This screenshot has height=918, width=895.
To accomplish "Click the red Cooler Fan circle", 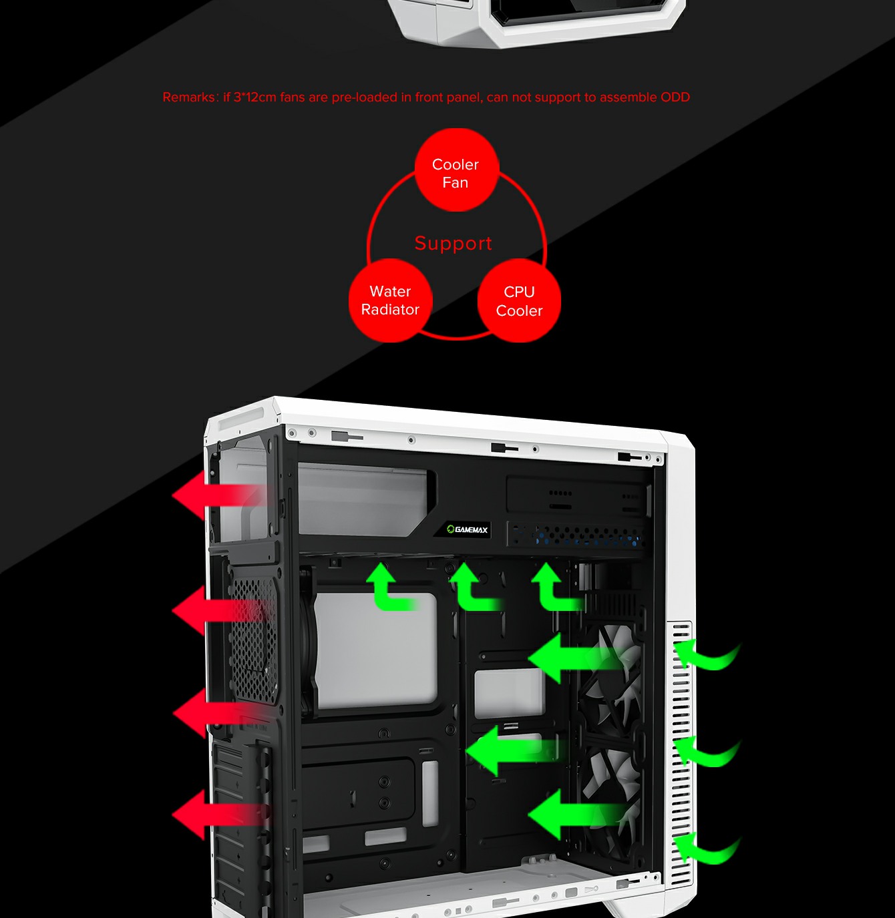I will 456,171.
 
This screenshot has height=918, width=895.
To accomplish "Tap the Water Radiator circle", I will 390,300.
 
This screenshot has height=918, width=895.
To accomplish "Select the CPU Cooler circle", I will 519,301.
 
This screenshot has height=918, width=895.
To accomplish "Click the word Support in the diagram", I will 453,243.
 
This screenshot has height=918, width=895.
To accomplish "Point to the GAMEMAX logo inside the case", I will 468,529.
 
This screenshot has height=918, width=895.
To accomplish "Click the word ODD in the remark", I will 675,97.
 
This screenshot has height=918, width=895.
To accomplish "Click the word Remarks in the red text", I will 189,97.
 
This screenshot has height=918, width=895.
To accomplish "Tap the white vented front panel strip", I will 681,754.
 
